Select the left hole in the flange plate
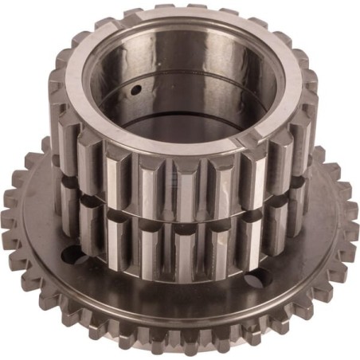pyautogui.click(x=70, y=256)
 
